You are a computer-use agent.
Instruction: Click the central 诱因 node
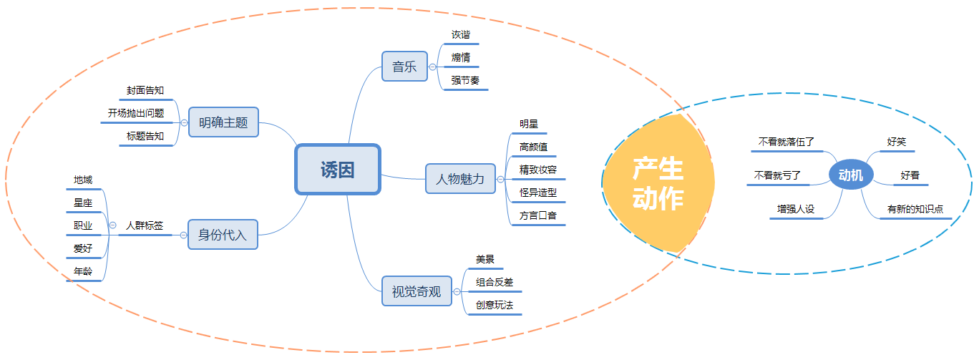338,170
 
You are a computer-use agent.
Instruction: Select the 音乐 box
404,67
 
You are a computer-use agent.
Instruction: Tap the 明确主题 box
223,122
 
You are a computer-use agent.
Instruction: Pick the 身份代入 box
223,234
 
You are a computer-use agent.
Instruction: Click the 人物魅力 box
460,179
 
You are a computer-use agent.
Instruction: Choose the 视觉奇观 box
417,291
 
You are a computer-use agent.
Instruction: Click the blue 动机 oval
850,175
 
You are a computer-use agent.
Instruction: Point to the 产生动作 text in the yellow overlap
658,185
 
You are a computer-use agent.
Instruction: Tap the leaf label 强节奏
465,80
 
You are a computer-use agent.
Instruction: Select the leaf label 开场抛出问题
136,113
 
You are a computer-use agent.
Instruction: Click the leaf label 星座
83,203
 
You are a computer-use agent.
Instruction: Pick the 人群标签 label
145,225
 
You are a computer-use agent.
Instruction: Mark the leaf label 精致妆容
538,170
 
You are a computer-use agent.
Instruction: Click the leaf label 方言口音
538,215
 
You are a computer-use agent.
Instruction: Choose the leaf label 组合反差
495,282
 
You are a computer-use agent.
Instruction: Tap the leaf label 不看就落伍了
786,142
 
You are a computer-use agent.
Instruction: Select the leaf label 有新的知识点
915,209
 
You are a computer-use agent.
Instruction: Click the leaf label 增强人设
797,209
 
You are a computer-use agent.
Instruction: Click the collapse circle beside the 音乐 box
432,67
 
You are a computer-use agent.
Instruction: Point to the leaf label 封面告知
145,90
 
